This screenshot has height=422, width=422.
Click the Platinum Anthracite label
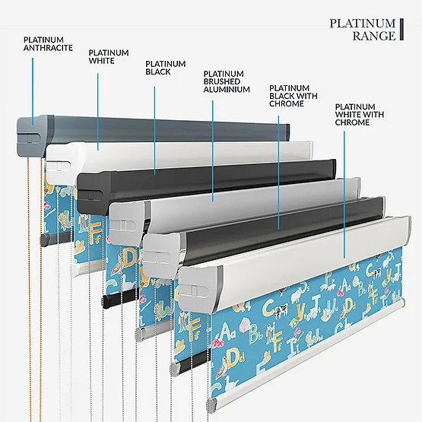[48, 44]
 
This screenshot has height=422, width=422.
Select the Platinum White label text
[109, 56]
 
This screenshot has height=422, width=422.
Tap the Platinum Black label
[166, 68]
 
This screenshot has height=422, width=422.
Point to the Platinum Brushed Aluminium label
[227, 81]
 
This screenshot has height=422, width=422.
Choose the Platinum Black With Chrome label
[293, 96]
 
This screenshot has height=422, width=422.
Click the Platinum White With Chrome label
[360, 114]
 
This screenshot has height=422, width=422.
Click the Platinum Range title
[363, 30]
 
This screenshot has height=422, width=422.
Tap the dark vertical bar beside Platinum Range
[401, 30]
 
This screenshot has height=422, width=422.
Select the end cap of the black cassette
[94, 193]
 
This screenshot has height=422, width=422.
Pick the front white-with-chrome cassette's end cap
[200, 289]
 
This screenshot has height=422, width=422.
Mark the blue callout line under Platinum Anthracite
[33, 91]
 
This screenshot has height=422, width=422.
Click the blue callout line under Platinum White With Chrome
[344, 195]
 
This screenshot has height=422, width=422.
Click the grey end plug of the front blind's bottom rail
[212, 404]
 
